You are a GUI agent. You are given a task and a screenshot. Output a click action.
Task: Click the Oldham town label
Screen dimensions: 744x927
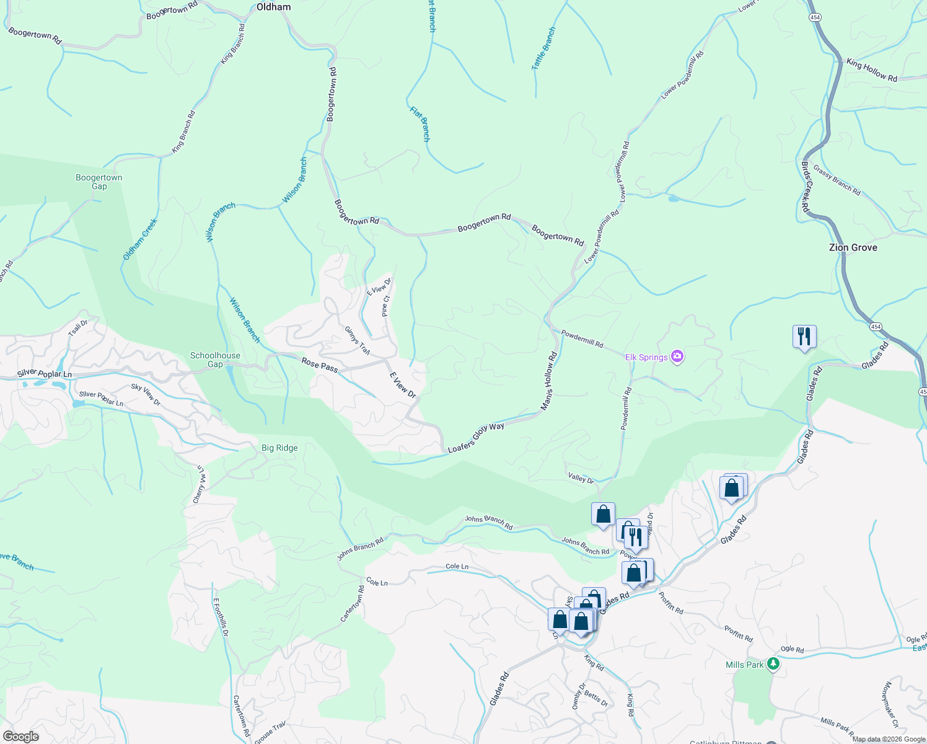273,7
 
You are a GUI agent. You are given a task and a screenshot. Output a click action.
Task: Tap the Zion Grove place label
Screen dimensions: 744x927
853,247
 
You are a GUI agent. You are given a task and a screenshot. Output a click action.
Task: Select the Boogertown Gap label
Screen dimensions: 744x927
99,182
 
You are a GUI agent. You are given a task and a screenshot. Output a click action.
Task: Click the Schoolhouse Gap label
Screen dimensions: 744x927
215,360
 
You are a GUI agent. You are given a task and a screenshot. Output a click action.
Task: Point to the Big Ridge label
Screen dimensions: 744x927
279,448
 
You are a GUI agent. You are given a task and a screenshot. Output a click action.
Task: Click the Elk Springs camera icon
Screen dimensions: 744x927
677,356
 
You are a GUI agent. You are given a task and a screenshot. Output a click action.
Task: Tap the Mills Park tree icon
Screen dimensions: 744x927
773,664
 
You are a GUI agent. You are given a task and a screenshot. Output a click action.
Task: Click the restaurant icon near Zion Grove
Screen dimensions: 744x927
804,337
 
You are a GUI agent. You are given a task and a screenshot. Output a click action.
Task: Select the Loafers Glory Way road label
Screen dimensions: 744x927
476,437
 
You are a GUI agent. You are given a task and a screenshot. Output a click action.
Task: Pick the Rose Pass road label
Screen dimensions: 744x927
320,365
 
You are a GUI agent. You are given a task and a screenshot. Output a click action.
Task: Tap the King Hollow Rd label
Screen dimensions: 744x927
872,71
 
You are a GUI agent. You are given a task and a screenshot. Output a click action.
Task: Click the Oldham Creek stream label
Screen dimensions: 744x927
140,239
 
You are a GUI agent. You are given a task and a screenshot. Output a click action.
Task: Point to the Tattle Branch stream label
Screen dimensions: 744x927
544,48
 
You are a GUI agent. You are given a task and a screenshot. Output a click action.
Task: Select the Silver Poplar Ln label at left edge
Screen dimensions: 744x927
45,374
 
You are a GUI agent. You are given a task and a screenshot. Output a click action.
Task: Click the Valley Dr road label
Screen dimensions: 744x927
581,477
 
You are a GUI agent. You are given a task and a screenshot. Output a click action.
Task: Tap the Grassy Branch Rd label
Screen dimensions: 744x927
837,180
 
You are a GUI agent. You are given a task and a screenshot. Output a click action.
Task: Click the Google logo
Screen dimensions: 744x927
20,737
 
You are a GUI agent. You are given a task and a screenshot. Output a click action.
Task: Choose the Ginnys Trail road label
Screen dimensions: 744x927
358,340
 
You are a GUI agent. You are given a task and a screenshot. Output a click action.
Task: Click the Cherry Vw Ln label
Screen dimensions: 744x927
200,484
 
